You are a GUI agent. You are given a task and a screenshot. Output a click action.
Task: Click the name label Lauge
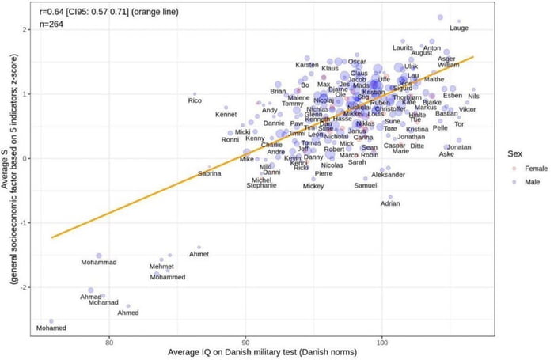coord(459,28)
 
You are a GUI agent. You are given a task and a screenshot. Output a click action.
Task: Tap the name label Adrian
coord(390,203)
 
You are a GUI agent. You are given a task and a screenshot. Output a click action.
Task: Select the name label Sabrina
coord(210,173)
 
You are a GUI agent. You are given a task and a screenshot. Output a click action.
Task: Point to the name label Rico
coord(195,100)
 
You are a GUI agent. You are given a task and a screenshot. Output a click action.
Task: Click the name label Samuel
coord(365,186)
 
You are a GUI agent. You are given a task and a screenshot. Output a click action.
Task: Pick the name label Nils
coord(473,97)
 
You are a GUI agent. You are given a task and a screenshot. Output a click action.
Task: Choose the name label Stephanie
coord(262,185)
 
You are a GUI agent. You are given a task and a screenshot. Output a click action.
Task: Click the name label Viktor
coord(467,109)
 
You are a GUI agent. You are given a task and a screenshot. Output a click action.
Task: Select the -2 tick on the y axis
coord(28,287)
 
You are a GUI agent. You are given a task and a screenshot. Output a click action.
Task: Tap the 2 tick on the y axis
coord(28,29)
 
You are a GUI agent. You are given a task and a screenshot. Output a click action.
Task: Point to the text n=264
coord(52,25)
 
